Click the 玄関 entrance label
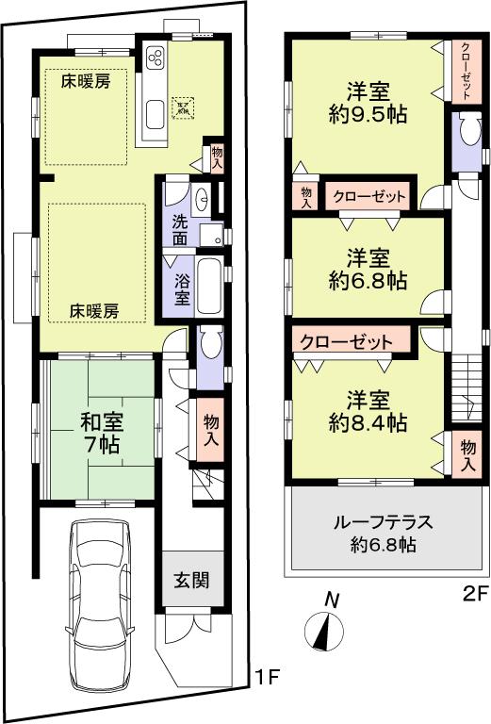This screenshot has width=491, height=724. pos(192,580)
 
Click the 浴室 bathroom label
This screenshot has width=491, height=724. pos(181,288)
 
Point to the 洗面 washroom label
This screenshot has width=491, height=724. pos(181,231)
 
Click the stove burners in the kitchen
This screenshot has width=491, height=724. pos(155,56)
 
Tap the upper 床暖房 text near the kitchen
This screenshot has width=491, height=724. pos(87,81)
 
